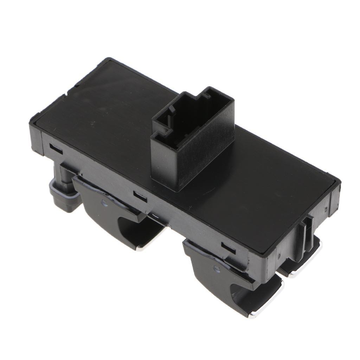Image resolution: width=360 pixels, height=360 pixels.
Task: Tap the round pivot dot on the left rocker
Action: (104, 202)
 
